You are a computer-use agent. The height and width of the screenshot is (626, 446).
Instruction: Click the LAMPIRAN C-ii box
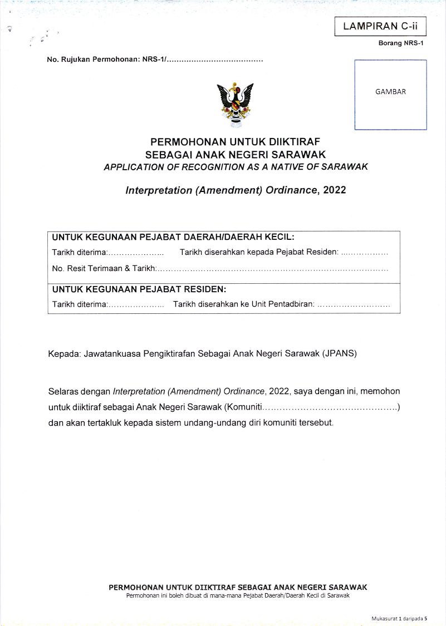pyautogui.click(x=379, y=26)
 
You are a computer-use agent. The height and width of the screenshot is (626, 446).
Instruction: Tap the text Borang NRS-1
pyautogui.click(x=401, y=44)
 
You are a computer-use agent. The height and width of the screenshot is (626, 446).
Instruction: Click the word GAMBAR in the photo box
pyautogui.click(x=390, y=92)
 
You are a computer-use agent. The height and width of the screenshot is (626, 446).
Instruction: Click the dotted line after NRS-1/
pyautogui.click(x=215, y=59)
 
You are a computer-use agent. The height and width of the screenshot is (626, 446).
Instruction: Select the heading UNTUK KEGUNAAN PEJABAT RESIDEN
pyautogui.click(x=139, y=289)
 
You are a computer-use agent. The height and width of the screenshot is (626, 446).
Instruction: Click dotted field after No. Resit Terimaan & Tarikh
pyautogui.click(x=273, y=269)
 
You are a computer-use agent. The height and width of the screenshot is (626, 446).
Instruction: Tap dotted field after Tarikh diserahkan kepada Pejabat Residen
pyautogui.click(x=365, y=253)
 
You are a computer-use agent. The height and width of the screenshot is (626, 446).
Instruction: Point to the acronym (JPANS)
pyautogui.click(x=339, y=353)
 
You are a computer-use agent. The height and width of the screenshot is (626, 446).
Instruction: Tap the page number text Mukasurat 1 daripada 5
pyautogui.click(x=399, y=619)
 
